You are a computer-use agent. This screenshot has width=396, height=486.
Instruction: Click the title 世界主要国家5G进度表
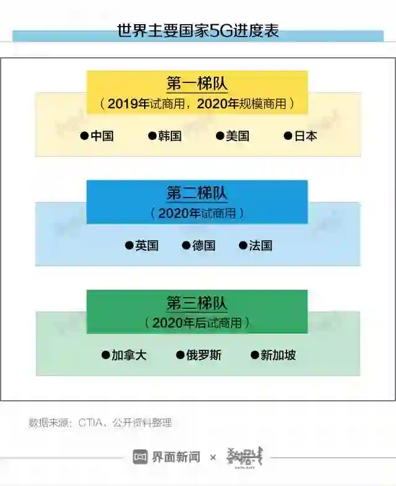(x=198, y=30)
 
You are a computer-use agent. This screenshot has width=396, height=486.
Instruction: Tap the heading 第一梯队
(x=197, y=84)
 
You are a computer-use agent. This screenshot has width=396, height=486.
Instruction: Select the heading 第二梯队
(x=197, y=193)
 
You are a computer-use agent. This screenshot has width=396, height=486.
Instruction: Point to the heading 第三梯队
(x=197, y=303)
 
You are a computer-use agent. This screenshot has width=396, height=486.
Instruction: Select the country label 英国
(x=147, y=246)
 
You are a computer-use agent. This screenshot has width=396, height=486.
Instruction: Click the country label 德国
(x=204, y=246)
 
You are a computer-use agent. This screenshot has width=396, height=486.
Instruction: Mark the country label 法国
(x=260, y=246)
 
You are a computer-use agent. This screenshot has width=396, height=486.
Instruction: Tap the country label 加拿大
(x=129, y=355)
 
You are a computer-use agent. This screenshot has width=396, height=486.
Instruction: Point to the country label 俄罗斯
(x=204, y=355)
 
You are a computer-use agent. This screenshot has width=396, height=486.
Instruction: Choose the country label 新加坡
(x=278, y=355)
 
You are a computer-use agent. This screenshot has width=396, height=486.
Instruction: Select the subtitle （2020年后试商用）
(x=197, y=323)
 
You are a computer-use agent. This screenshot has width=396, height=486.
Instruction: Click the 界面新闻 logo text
(x=175, y=458)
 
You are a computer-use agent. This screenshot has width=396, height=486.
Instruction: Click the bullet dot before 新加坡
(x=254, y=355)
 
